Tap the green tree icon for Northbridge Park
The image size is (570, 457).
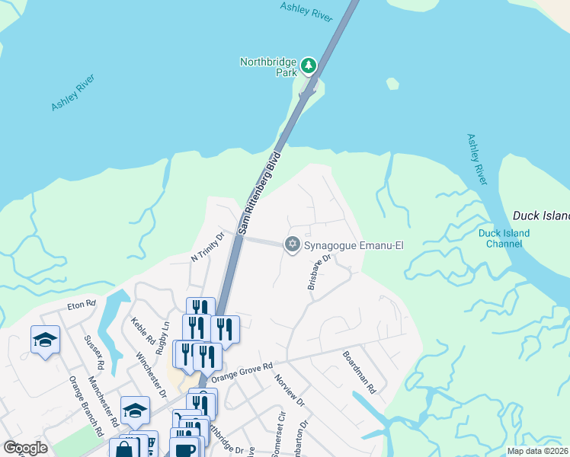click(x=309, y=66)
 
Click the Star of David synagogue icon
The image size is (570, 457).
click(x=291, y=244)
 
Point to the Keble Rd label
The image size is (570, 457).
click(x=144, y=331)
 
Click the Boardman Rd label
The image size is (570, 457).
click(x=359, y=372)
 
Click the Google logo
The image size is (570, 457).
click(x=25, y=448)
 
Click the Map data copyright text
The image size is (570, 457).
click(x=537, y=451)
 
